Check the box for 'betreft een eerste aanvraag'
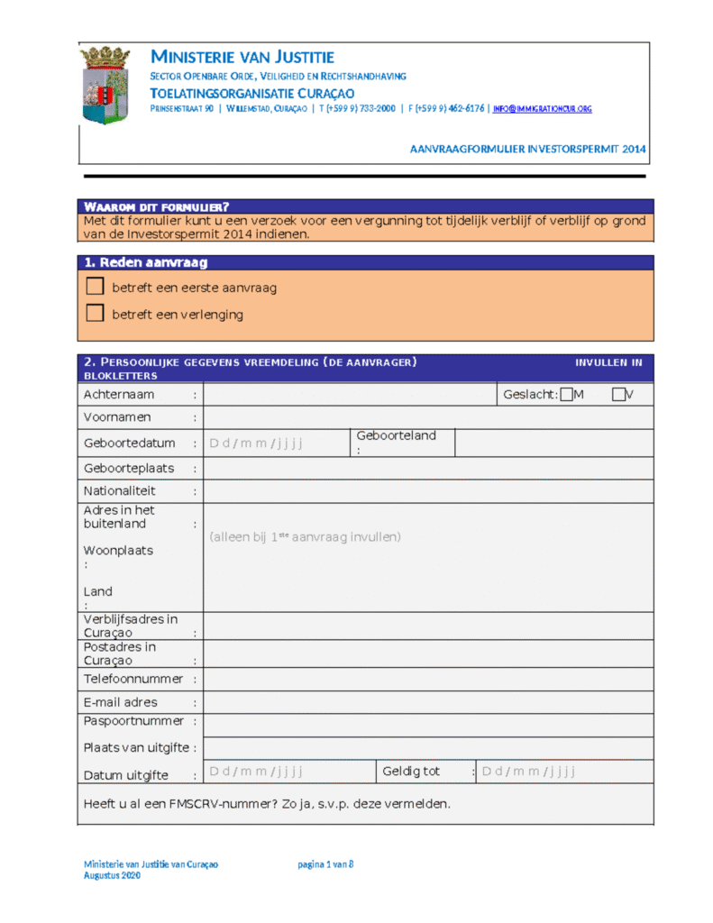[x=95, y=287]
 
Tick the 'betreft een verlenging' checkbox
[x=95, y=314]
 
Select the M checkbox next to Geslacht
[x=566, y=394]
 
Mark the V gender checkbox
[x=618, y=394]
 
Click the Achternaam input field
[x=350, y=394]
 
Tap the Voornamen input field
[x=428, y=417]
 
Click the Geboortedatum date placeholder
[x=256, y=443]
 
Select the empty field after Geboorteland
[x=553, y=443]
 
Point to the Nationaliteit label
[x=120, y=491]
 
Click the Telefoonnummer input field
[x=428, y=679]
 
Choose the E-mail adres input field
[x=428, y=702]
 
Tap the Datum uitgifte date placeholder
[x=256, y=771]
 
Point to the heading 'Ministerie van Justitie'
[x=242, y=58]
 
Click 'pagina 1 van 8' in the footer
[x=325, y=864]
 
